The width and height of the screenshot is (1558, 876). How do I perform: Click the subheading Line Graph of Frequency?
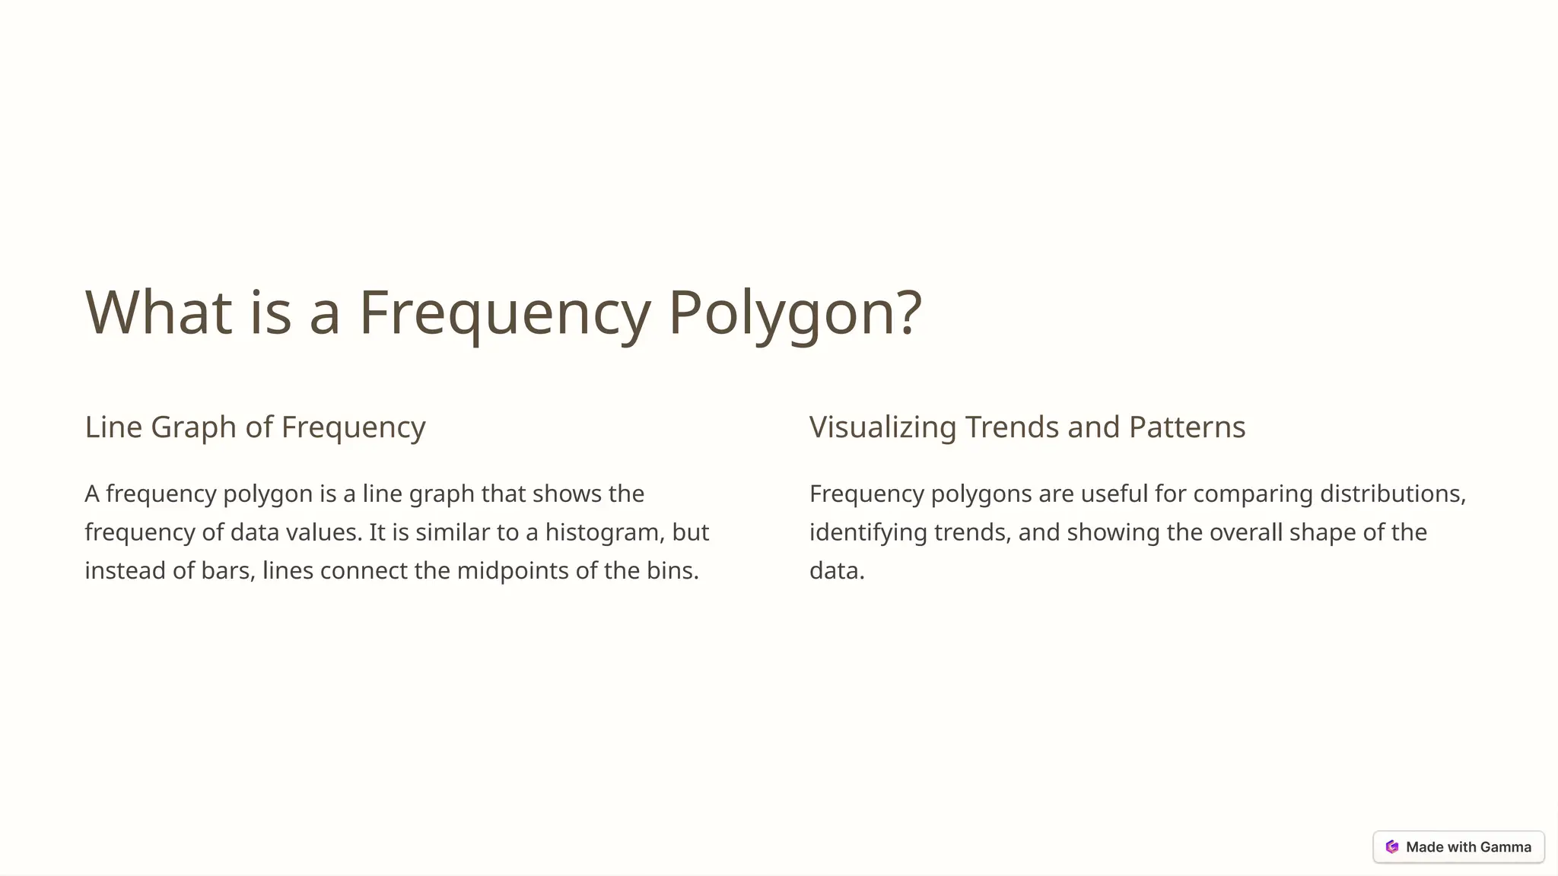(255, 427)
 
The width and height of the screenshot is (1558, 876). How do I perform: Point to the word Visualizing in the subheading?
(882, 427)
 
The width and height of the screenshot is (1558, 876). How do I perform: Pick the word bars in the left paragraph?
(227, 570)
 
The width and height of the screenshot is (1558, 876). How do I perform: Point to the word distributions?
(1392, 494)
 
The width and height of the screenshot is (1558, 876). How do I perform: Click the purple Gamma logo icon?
(1392, 847)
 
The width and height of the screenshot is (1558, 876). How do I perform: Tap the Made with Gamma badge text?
(1468, 847)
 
